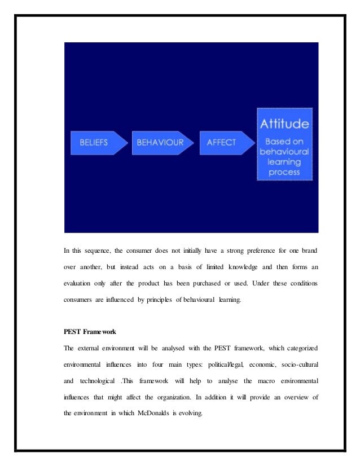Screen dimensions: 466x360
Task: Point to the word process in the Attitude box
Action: [284, 172]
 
